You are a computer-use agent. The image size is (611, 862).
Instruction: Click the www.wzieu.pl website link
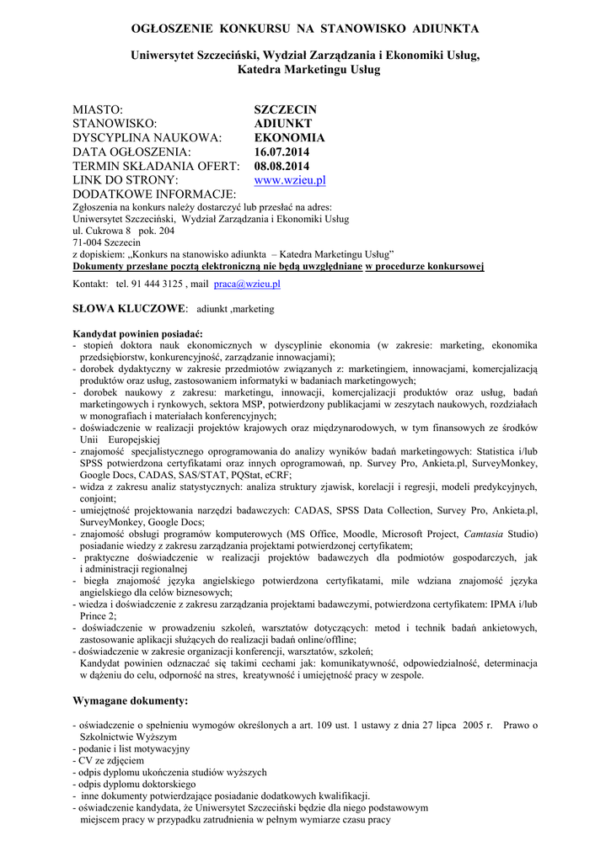coord(290,180)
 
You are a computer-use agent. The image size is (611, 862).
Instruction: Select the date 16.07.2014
coord(282,152)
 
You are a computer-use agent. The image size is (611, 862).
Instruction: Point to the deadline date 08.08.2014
coord(282,166)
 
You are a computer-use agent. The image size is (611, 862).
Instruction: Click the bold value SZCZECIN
coord(286,109)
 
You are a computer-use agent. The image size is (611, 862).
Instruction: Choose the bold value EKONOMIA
coord(289,137)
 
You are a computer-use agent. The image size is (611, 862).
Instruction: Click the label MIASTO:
coord(99,109)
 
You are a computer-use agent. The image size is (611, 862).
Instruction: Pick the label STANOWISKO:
coord(115,124)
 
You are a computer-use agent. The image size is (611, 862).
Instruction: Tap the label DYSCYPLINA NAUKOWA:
coord(147,137)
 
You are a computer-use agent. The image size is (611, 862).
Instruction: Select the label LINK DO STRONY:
coord(126,180)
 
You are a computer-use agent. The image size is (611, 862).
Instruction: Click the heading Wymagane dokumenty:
coord(131,700)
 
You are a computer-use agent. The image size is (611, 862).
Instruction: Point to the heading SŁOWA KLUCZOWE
coord(130,309)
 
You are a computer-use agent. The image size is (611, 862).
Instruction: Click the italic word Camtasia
coord(487,534)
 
